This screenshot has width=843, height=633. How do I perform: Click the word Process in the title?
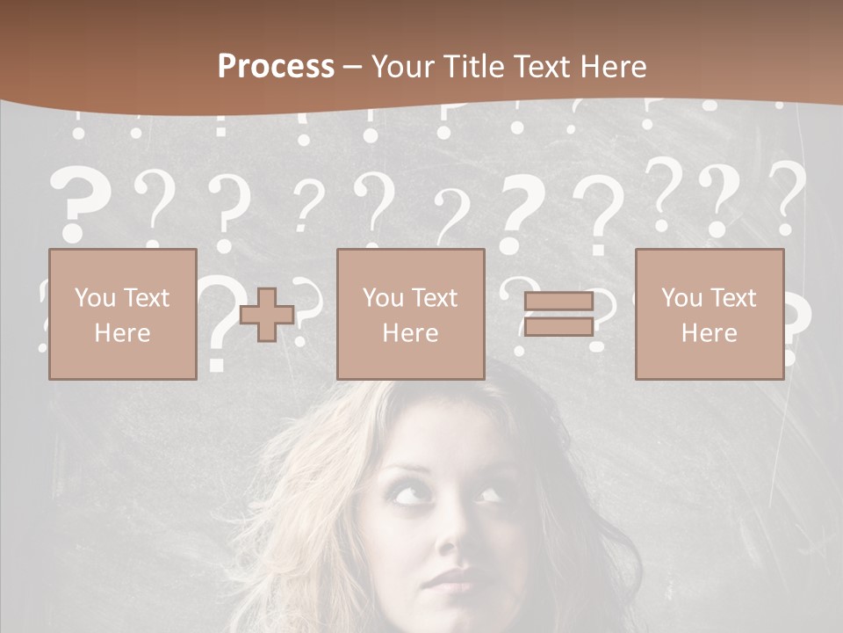coord(276,67)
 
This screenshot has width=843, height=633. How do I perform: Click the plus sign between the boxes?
coord(267,314)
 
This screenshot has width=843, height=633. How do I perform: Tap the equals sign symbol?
coord(558,314)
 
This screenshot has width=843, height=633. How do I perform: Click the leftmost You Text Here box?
coord(123,314)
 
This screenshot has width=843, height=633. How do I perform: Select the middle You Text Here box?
coord(411,314)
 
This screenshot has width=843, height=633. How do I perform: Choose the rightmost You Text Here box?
coord(710,314)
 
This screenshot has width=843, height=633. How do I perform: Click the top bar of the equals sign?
coord(558,302)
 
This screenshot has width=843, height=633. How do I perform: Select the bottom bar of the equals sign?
coord(558,326)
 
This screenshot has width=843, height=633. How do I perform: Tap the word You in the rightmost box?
coord(681,298)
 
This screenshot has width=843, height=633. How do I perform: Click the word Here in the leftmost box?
coord(123,333)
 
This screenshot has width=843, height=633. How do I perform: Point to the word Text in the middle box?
coord(436,298)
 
